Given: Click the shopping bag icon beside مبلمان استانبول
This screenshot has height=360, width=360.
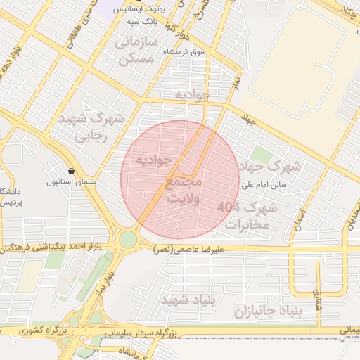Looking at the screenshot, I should pyautogui.click(x=72, y=171).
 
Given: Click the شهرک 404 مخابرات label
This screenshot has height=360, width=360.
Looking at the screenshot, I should pyautogui.click(x=247, y=216).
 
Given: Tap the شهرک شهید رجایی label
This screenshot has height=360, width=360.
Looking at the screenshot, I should pyautogui.click(x=91, y=126).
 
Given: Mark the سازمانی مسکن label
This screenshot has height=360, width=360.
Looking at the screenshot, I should pyautogui.click(x=136, y=52).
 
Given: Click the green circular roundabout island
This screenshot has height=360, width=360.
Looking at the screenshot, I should pyautogui.click(x=127, y=240).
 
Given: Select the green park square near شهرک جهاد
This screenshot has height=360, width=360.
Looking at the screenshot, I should pyautogui.click(x=261, y=155).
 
